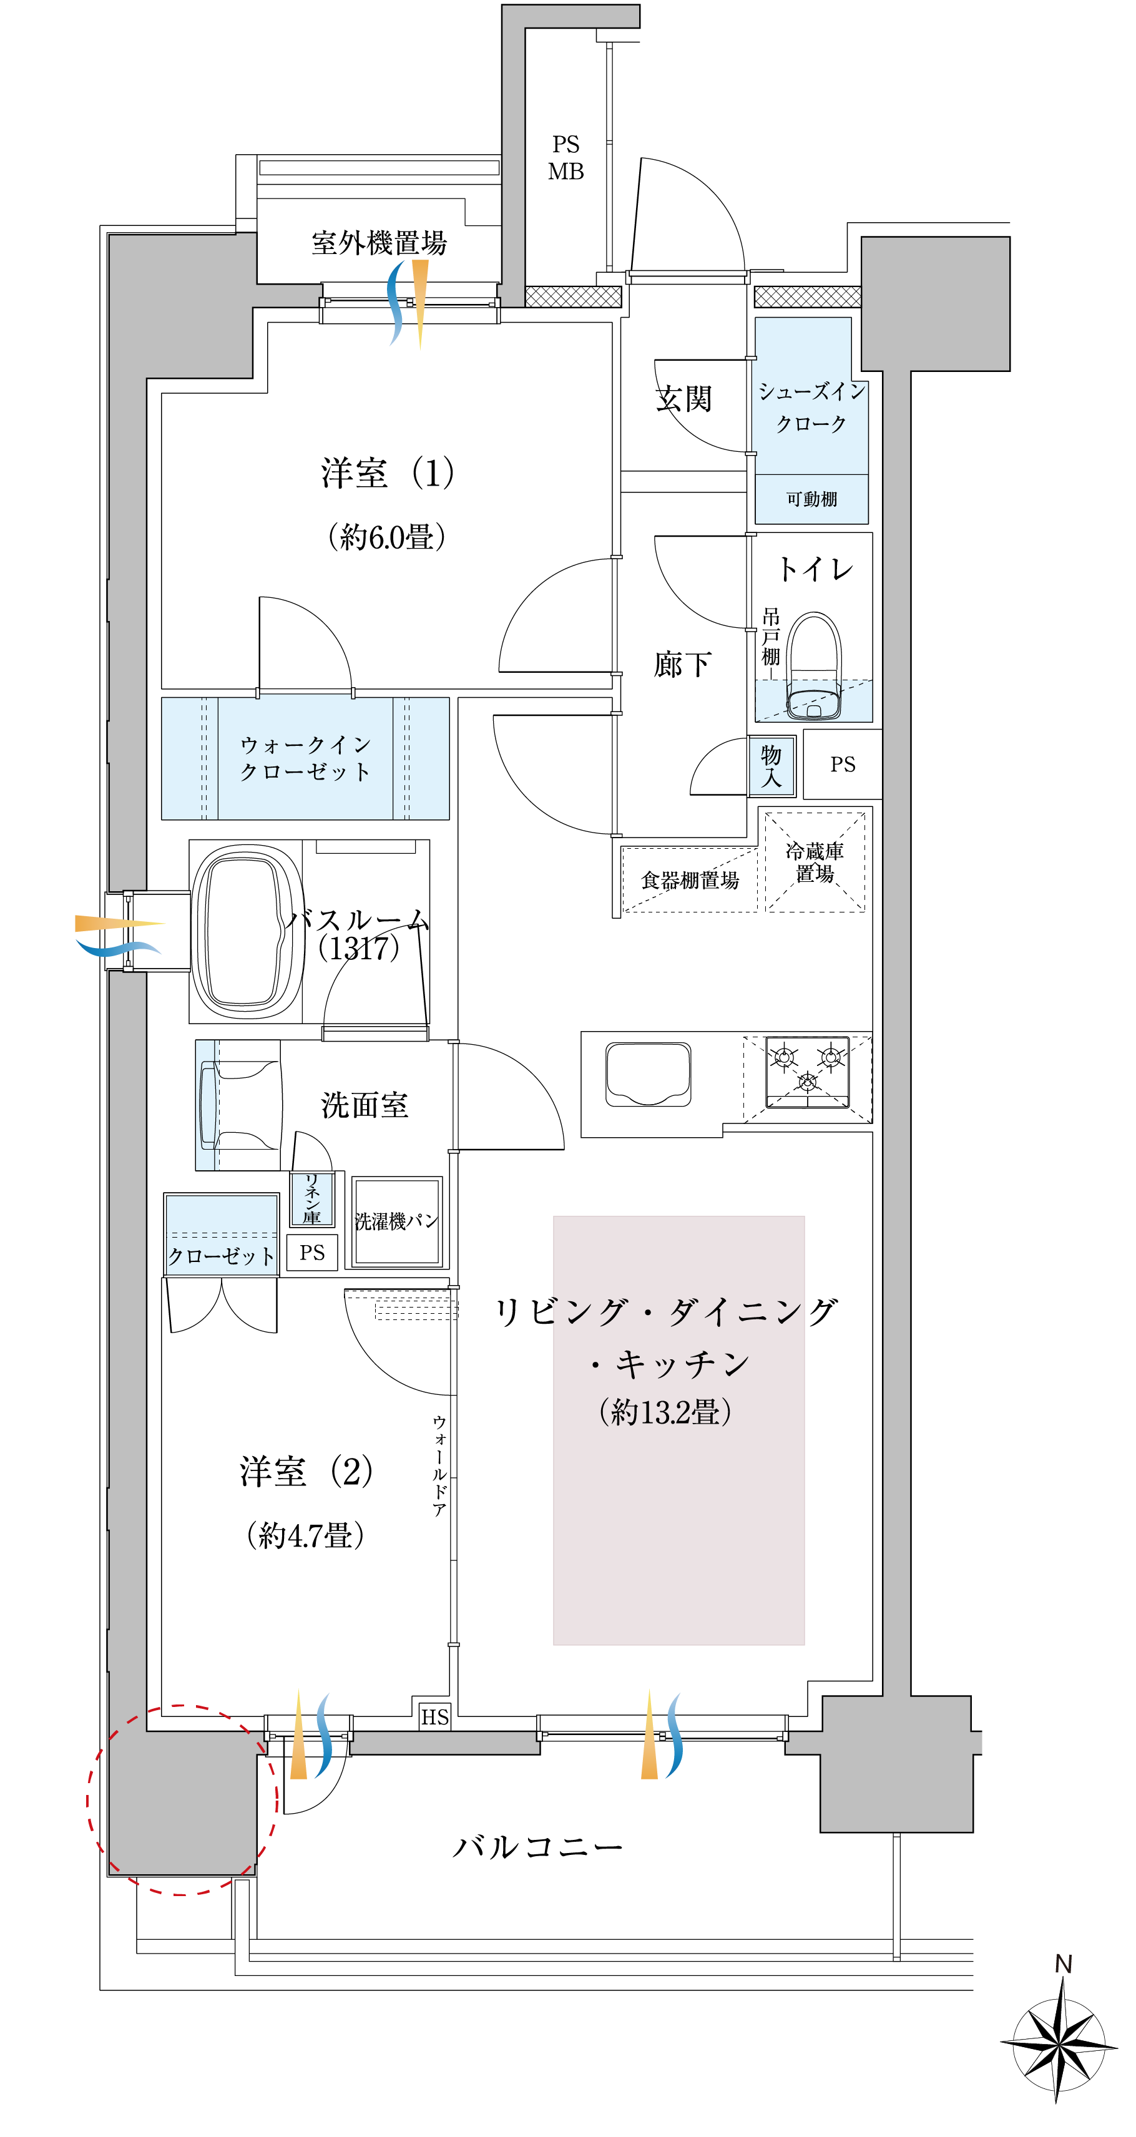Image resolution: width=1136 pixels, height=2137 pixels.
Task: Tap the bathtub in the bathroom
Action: tap(247, 931)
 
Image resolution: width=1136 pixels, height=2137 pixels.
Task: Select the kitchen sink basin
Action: tap(648, 1074)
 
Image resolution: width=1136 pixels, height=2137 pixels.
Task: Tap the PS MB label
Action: tap(566, 158)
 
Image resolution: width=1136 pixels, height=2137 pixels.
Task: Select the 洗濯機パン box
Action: tap(396, 1222)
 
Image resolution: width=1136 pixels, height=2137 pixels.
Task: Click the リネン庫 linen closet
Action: tap(312, 1199)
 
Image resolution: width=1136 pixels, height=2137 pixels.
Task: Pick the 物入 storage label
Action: tap(771, 766)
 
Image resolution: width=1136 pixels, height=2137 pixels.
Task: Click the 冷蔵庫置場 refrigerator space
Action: tap(814, 861)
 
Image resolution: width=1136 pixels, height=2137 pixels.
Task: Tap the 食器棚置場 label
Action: tap(690, 880)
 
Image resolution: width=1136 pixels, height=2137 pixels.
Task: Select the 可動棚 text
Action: tap(811, 499)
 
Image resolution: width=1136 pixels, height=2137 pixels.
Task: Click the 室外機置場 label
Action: tap(379, 243)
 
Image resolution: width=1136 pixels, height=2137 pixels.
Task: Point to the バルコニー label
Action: tap(537, 1847)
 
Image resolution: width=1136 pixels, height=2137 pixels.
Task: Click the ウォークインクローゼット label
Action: tap(305, 758)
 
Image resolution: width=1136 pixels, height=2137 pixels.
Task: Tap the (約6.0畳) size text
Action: tap(387, 537)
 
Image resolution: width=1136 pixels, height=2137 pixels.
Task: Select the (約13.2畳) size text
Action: tap(665, 1411)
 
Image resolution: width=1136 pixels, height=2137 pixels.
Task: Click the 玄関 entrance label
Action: tap(683, 399)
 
